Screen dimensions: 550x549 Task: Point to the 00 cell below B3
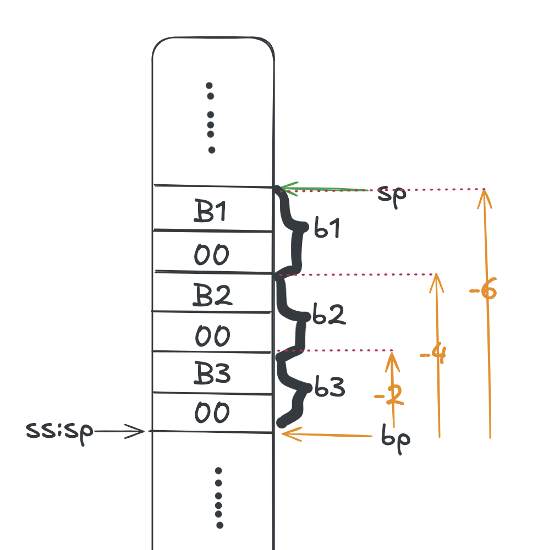[212, 413]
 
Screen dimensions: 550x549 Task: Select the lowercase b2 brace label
[328, 313]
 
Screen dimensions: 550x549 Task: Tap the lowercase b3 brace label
[330, 388]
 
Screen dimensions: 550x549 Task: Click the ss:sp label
[59, 431]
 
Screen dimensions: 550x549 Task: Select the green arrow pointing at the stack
[325, 189]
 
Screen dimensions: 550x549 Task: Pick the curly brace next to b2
[297, 312]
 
